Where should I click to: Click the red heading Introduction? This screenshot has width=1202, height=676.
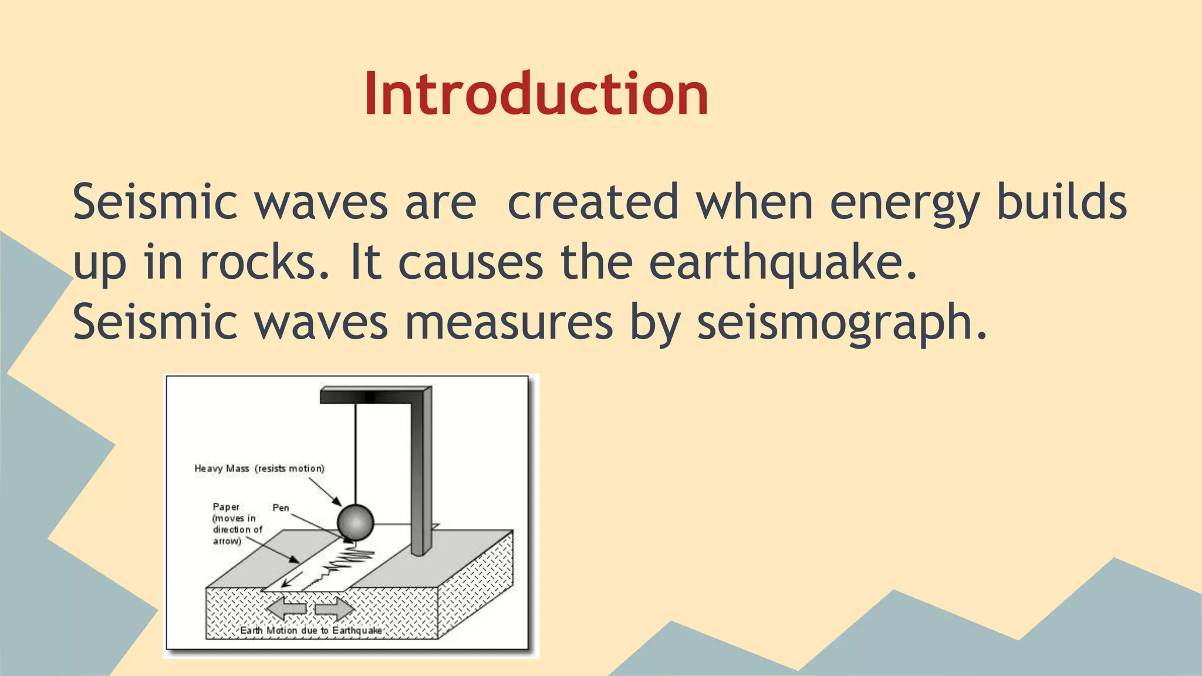[536, 94]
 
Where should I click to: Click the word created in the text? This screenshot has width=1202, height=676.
[592, 202]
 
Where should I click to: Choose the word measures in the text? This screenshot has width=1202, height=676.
[508, 322]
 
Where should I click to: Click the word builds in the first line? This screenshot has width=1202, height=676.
[1062, 202]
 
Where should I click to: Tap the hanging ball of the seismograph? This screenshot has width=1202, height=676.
[355, 522]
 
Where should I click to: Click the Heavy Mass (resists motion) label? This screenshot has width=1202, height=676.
[259, 468]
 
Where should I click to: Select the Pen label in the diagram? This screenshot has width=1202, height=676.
[281, 508]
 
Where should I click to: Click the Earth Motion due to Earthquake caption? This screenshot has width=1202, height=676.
[311, 630]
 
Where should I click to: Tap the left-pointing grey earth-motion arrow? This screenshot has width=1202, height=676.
[286, 609]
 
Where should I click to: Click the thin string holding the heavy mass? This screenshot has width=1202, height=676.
[355, 452]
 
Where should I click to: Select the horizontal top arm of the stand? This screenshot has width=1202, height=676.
[370, 396]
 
